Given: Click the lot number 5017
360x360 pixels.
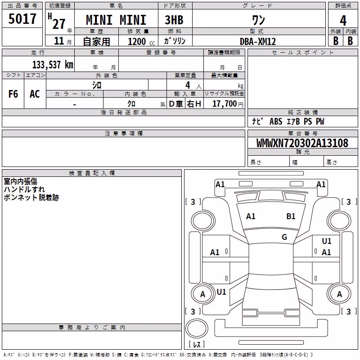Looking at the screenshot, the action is tap(22, 18).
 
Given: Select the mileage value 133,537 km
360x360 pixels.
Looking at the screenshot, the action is tap(53, 64).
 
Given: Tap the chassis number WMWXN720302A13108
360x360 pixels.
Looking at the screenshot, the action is tap(302, 143).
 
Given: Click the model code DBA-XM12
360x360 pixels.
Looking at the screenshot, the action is tap(258, 41).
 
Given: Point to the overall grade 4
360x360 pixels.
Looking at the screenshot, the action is tap(343, 20).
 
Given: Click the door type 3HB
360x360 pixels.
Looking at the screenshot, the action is tap(174, 20).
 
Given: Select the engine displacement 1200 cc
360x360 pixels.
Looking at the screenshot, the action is tap(141, 41).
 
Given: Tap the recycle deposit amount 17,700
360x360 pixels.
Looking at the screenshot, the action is tap(225, 103).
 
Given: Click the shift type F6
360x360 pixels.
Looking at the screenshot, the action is tap(13, 94).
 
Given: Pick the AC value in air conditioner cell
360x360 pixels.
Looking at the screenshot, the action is tap(35, 94).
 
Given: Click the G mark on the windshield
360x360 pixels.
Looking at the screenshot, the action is tap(284, 237).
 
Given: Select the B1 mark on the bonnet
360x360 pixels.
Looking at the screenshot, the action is tap(291, 216).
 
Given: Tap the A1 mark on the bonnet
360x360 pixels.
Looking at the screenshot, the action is tap(251, 216).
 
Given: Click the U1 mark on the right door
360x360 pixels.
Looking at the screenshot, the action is tap(327, 241).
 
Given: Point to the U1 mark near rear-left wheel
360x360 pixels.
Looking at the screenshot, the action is tap(221, 292).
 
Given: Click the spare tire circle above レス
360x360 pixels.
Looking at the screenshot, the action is tap(197, 328).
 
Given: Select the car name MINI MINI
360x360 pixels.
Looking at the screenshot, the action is tap(116, 20).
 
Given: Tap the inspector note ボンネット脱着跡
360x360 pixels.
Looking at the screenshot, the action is tap(31, 198).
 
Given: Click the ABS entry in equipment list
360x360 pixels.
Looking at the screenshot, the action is tap(276, 121).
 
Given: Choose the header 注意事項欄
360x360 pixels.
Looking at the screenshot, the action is tap(124, 133).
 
